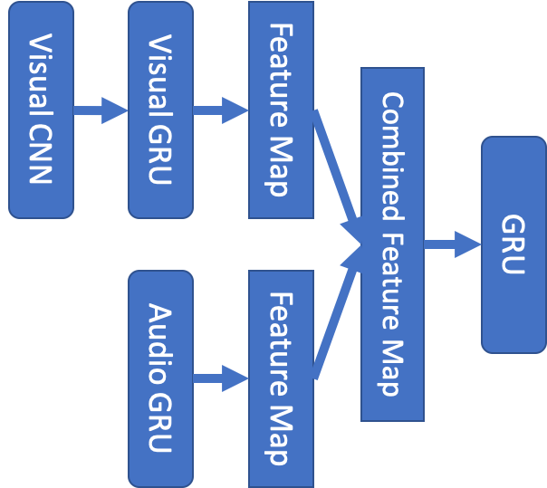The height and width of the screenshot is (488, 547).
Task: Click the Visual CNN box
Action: tap(41, 110)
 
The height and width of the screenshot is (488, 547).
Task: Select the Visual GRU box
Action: tap(160, 110)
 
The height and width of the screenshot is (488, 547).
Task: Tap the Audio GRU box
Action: tap(160, 378)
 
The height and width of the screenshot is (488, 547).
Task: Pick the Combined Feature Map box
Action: tap(392, 244)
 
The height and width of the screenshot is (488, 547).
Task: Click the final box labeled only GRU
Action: tap(513, 244)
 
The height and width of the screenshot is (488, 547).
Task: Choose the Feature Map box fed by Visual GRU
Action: tap(281, 110)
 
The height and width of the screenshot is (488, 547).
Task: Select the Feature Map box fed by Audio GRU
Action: tap(281, 378)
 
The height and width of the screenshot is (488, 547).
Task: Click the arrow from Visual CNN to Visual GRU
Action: tap(101, 111)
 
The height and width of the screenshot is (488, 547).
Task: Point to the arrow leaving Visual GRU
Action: tap(220, 111)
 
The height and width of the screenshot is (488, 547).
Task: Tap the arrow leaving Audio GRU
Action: tap(220, 379)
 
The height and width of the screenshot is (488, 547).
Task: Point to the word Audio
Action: tap(160, 340)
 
